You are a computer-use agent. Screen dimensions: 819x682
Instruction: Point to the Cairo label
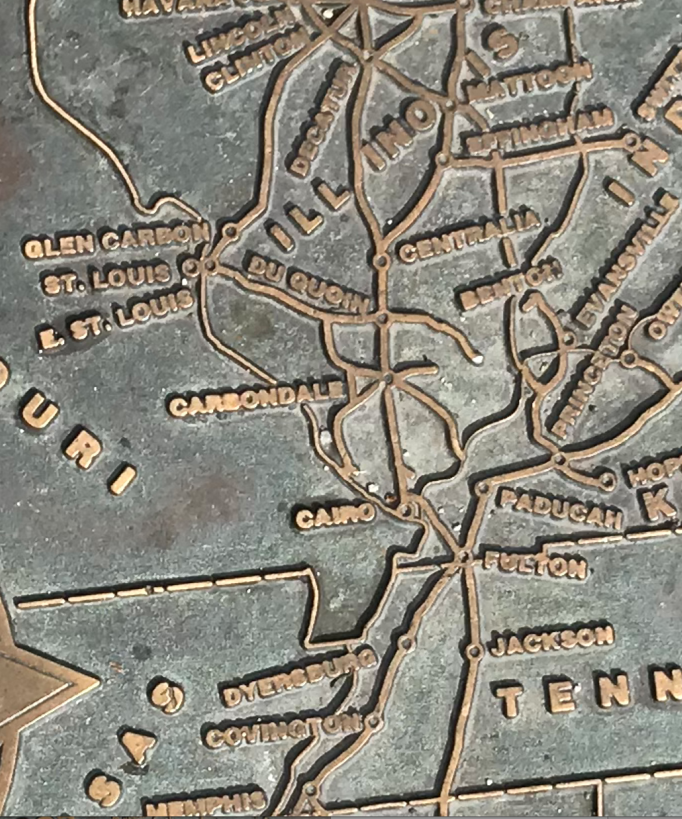click(x=334, y=514)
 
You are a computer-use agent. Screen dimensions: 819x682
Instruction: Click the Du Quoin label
click(x=307, y=284)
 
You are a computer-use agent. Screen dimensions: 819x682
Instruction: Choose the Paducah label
click(x=560, y=507)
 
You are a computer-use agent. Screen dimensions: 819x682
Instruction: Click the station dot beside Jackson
click(x=473, y=651)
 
